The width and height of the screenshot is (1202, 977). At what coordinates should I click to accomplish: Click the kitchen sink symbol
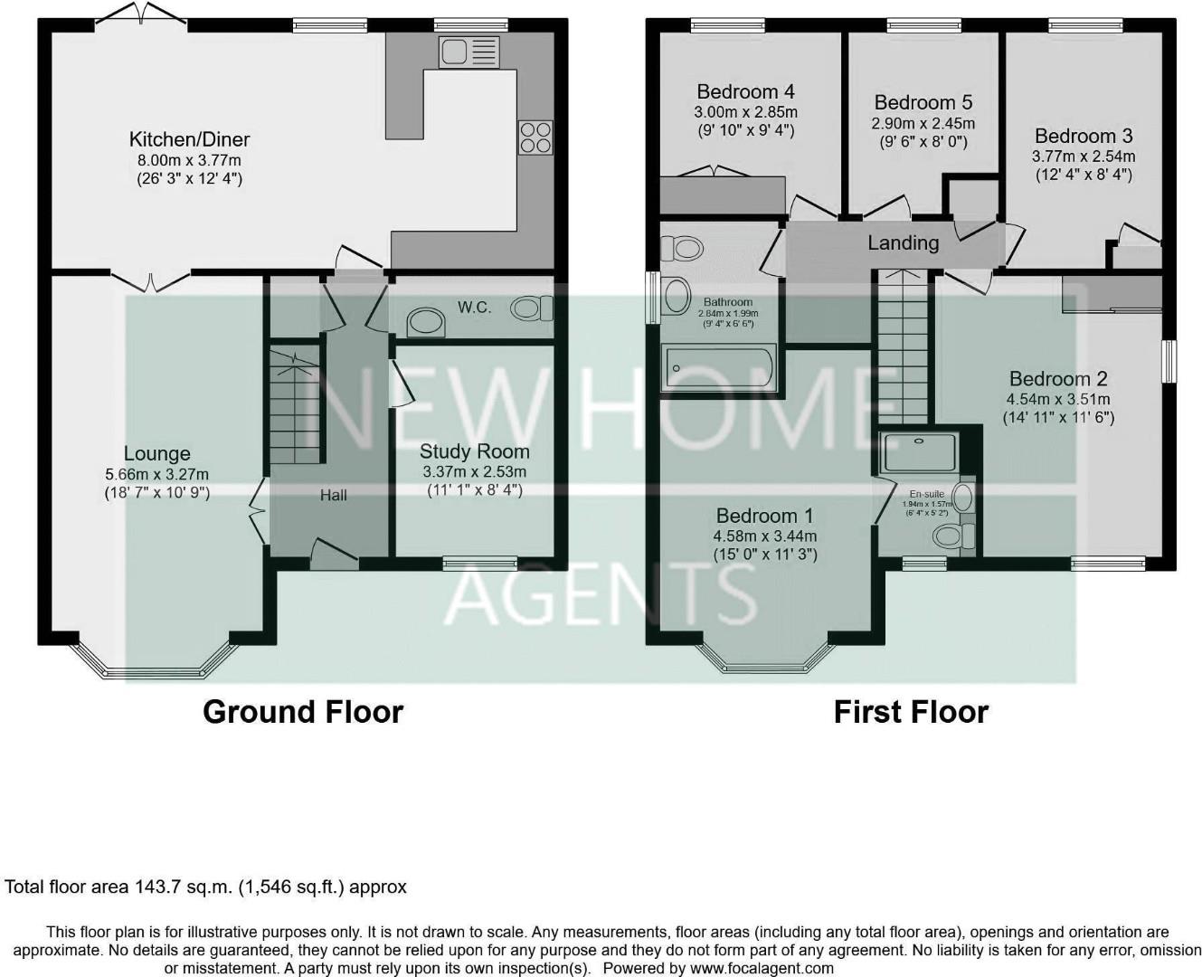(468, 52)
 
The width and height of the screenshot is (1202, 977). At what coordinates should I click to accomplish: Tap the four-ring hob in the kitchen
(535, 137)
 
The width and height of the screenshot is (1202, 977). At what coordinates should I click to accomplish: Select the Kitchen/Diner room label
(189, 139)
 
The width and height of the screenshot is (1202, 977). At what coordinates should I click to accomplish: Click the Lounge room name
(156, 454)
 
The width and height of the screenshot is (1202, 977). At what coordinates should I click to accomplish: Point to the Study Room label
(474, 451)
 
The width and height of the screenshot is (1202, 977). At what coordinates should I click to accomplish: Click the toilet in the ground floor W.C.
(531, 309)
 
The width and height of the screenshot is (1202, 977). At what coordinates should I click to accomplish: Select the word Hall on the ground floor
(333, 496)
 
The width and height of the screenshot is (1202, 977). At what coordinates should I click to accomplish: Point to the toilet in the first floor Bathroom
(682, 248)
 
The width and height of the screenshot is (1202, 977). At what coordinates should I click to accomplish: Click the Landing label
(903, 242)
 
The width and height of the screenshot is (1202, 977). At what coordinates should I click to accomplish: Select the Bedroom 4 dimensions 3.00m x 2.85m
(745, 112)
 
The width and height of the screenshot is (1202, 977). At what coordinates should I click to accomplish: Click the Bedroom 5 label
(923, 102)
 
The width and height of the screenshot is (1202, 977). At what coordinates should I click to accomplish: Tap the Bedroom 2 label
(1058, 379)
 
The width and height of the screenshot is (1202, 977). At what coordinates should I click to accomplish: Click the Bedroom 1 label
(764, 516)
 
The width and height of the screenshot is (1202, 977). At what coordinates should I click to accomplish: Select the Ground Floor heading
(302, 712)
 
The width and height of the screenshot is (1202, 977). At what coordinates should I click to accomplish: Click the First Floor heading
(910, 712)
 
